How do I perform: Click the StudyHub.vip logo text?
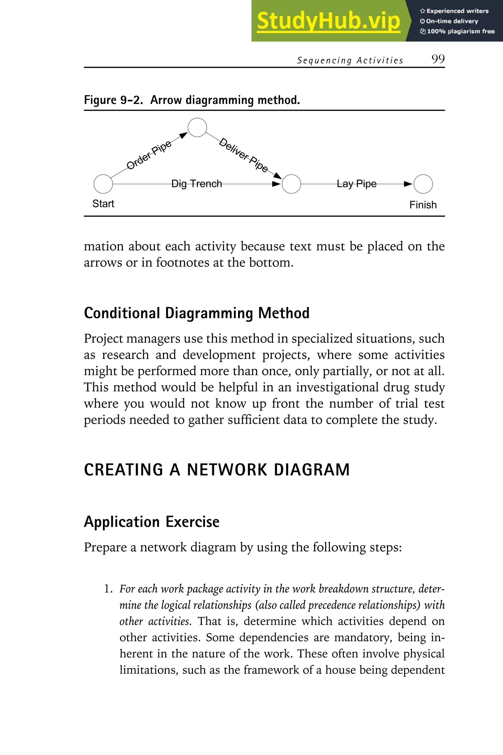(x=328, y=21)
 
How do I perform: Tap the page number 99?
(x=438, y=59)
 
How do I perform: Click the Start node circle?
(x=103, y=184)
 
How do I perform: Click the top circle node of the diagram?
(x=197, y=128)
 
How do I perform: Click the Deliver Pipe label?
(x=243, y=155)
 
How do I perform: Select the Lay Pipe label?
(x=356, y=184)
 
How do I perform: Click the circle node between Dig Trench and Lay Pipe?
(x=291, y=184)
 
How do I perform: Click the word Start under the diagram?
(x=103, y=203)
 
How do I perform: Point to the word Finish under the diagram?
(x=423, y=205)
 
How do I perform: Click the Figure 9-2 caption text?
(x=192, y=100)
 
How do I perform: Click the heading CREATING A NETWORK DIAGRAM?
(x=217, y=470)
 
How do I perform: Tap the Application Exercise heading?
(x=151, y=522)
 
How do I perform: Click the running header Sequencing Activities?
(x=350, y=60)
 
